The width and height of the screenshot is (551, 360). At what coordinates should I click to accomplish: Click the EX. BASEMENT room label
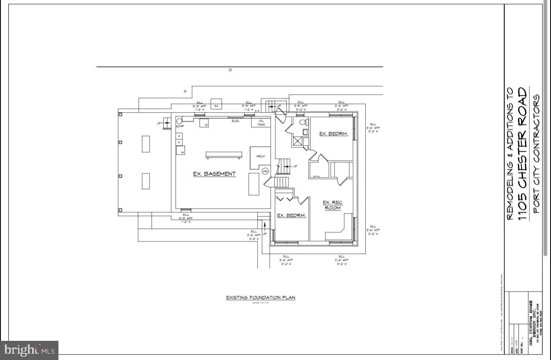coord(214,174)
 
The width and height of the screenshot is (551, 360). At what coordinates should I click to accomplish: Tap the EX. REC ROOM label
coord(333,205)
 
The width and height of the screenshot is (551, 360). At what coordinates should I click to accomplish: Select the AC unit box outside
coord(216,106)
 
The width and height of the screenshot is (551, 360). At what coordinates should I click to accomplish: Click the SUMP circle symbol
coord(179,121)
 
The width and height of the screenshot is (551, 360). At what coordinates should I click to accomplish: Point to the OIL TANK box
coord(261,123)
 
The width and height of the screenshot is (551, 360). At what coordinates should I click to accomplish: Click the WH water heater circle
coord(265,171)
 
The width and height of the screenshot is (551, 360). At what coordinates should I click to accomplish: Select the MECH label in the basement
coord(260,156)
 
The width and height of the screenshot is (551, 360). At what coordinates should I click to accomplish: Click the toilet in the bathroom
coord(304,122)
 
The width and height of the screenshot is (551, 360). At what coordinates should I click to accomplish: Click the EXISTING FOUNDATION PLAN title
coord(260,297)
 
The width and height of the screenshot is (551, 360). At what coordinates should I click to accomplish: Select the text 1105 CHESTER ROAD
coord(523,154)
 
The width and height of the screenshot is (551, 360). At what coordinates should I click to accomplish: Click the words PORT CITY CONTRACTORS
coord(537,154)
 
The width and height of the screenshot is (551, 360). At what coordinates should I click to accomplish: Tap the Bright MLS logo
coord(29,350)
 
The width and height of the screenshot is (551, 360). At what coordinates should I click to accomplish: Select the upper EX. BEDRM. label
coord(334,134)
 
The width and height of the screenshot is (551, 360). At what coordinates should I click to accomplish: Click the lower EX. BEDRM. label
coord(292,216)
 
